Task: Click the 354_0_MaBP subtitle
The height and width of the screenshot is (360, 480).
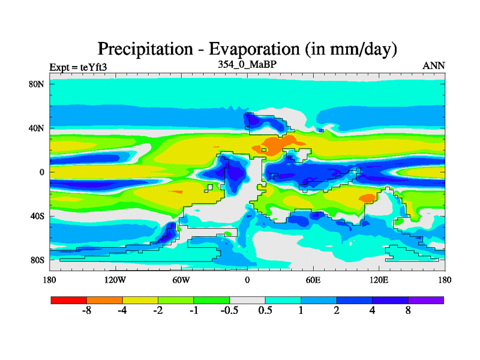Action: point(247,64)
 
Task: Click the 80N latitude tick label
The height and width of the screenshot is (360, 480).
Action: point(37,84)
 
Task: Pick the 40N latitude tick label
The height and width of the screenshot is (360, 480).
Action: point(37,128)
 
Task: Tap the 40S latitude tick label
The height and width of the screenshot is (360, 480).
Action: point(37,216)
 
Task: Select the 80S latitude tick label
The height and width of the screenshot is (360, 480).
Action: point(37,260)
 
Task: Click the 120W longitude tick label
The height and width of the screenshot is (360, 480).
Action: point(115,280)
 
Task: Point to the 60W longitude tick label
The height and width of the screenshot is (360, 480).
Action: point(181,280)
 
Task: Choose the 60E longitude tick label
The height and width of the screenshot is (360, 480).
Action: point(313,280)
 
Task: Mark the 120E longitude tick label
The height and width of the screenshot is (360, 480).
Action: point(379,280)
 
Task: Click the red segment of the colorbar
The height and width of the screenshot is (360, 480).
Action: point(69,299)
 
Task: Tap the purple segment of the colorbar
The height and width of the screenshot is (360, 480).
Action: point(426,299)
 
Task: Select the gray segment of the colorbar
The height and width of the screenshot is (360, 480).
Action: point(247,299)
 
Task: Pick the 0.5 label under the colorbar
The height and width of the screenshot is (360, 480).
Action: point(265,311)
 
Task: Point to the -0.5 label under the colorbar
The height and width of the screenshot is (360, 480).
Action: point(229,311)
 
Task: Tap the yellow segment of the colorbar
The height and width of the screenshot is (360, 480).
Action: point(140,299)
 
